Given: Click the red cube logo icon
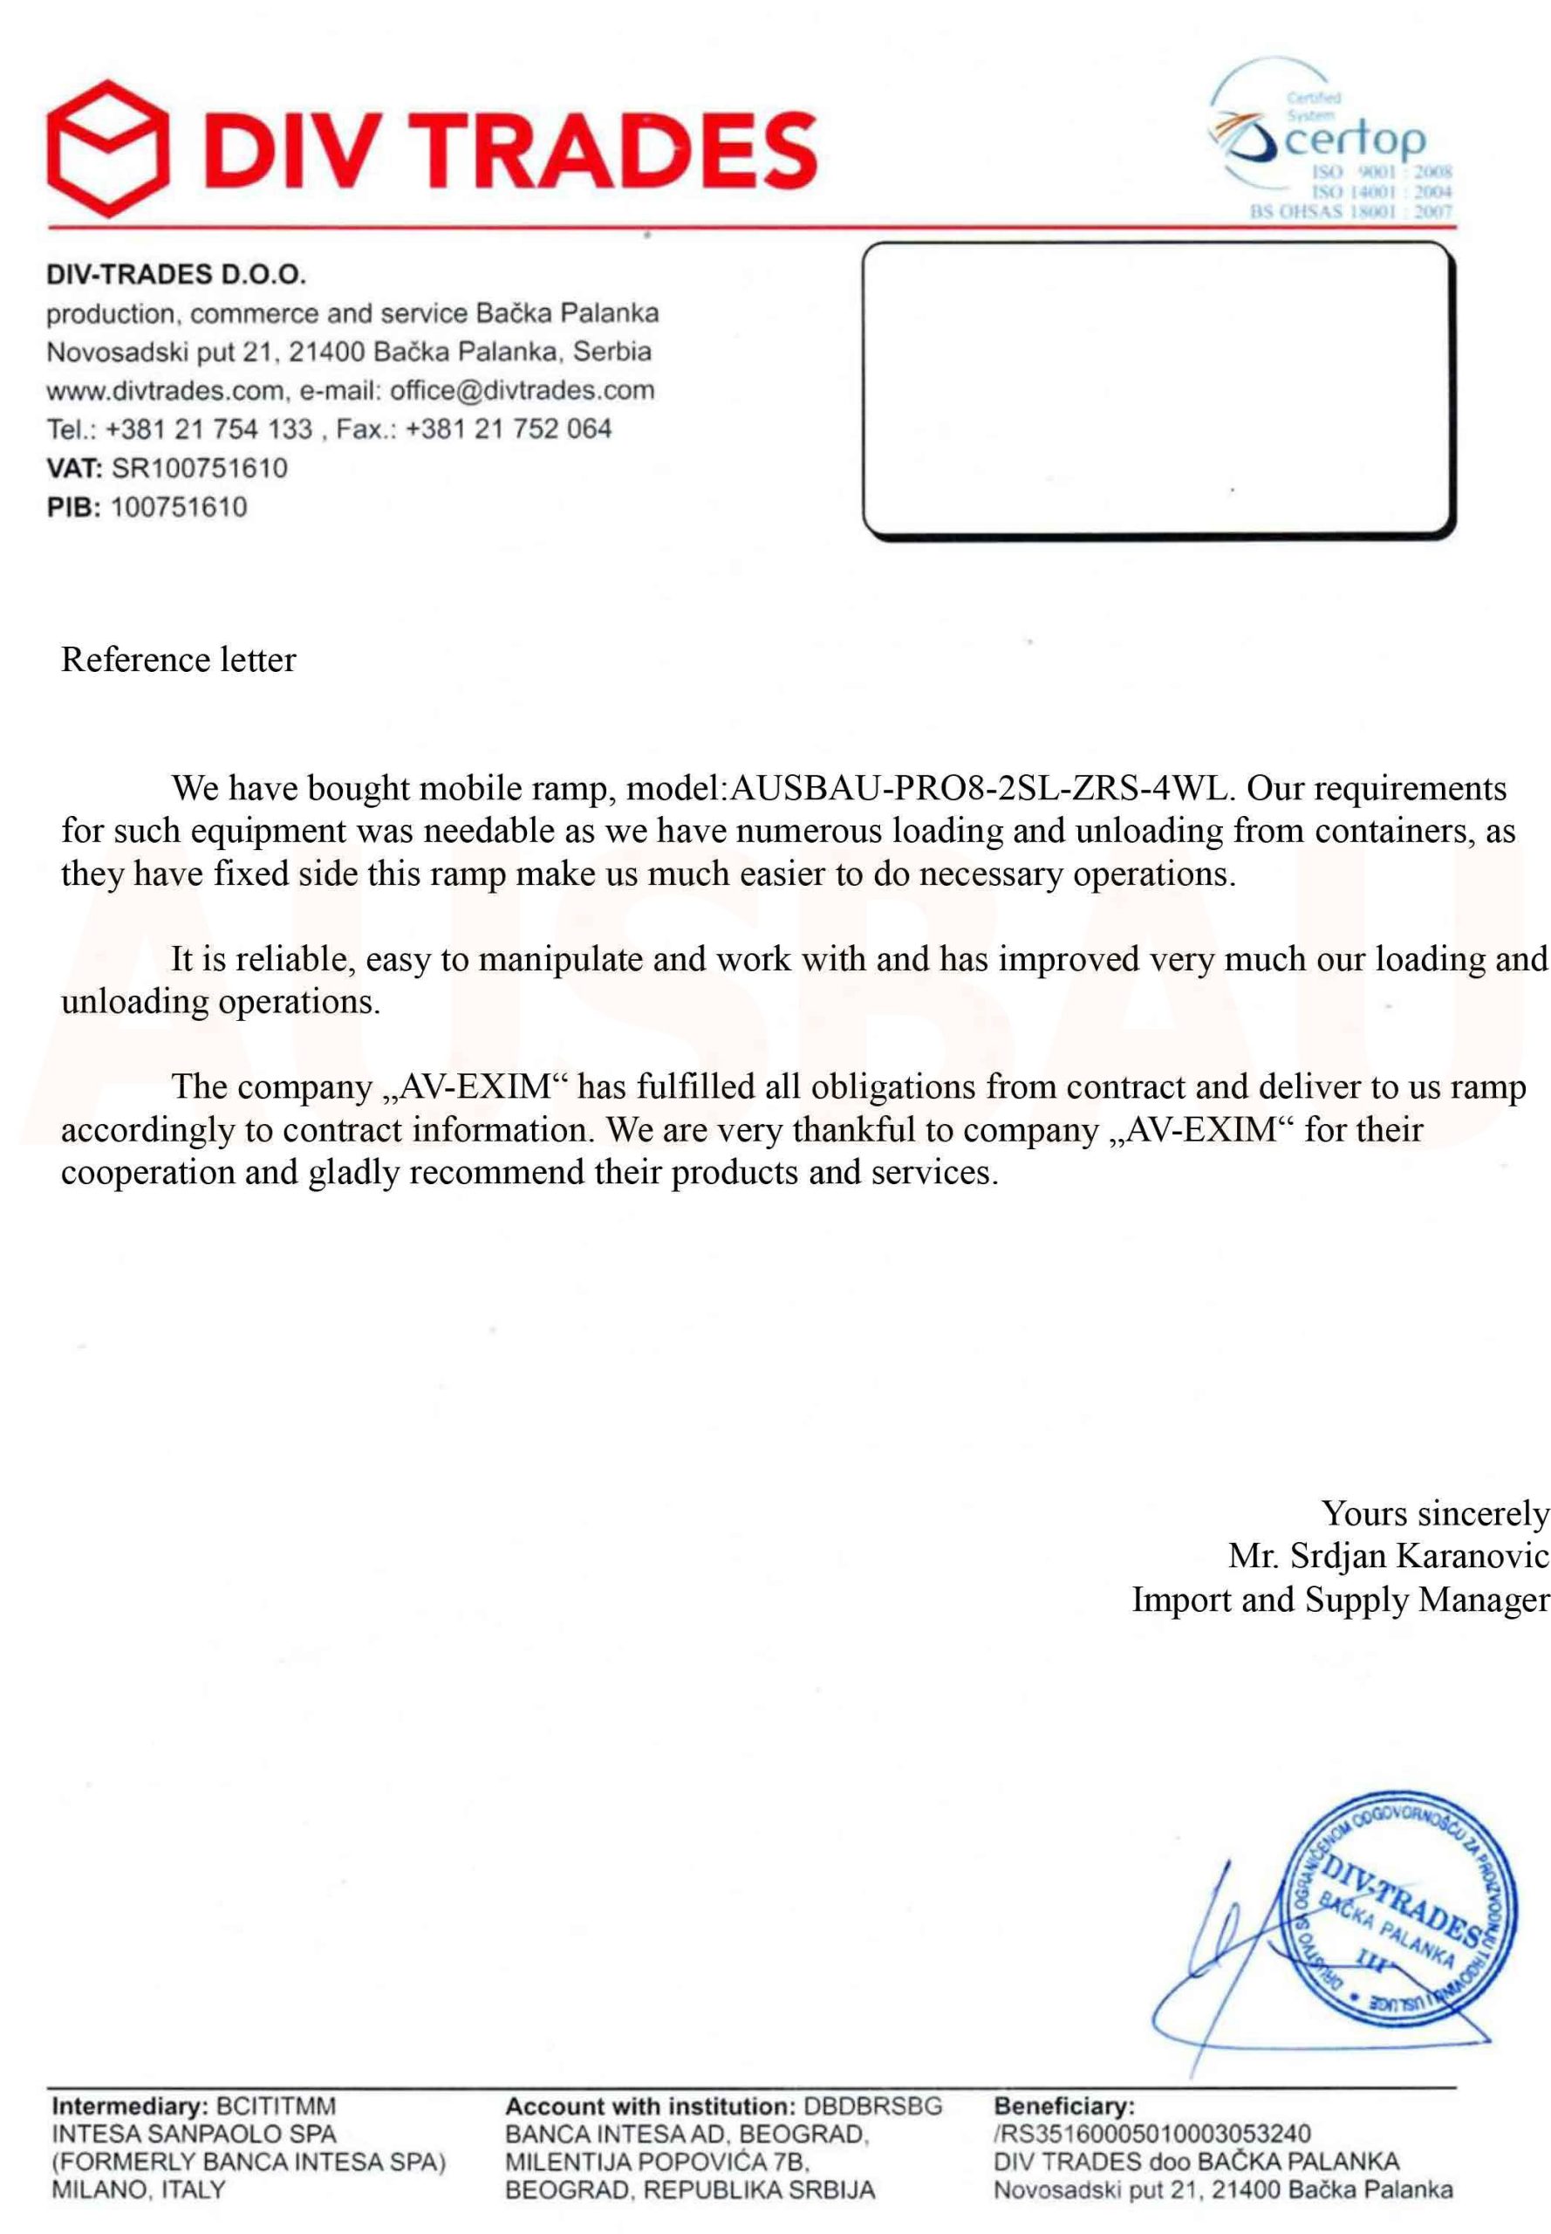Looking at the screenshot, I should (x=105, y=147).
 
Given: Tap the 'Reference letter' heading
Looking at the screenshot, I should (x=178, y=660).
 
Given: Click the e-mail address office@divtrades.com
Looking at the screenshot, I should (x=522, y=391).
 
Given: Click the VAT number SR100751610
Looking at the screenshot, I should (x=199, y=469).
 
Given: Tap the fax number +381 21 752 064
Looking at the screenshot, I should (x=509, y=429).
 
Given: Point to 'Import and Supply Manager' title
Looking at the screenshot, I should (x=1340, y=1600).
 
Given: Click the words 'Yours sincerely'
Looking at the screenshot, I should (x=1434, y=1514).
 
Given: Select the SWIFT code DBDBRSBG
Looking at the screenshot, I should (x=872, y=2107).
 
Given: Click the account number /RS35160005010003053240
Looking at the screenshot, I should (x=1151, y=2135).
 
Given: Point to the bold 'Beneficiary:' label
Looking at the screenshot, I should (x=1064, y=2107).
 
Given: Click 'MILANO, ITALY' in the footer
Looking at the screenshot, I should (x=138, y=2190).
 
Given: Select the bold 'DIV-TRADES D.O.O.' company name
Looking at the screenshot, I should (x=177, y=275).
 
